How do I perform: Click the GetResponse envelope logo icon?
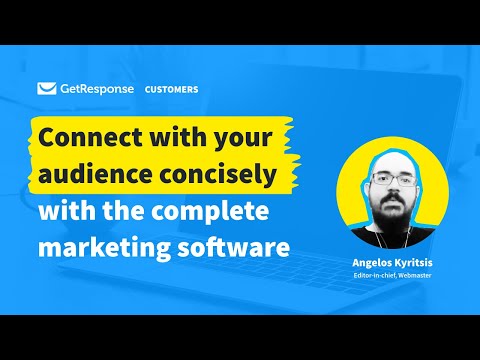[x=46, y=88]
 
